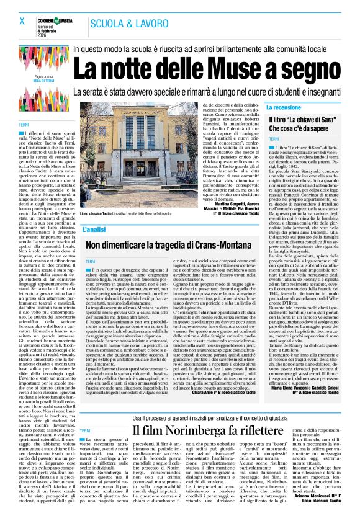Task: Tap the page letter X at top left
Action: click(x=22, y=21)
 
